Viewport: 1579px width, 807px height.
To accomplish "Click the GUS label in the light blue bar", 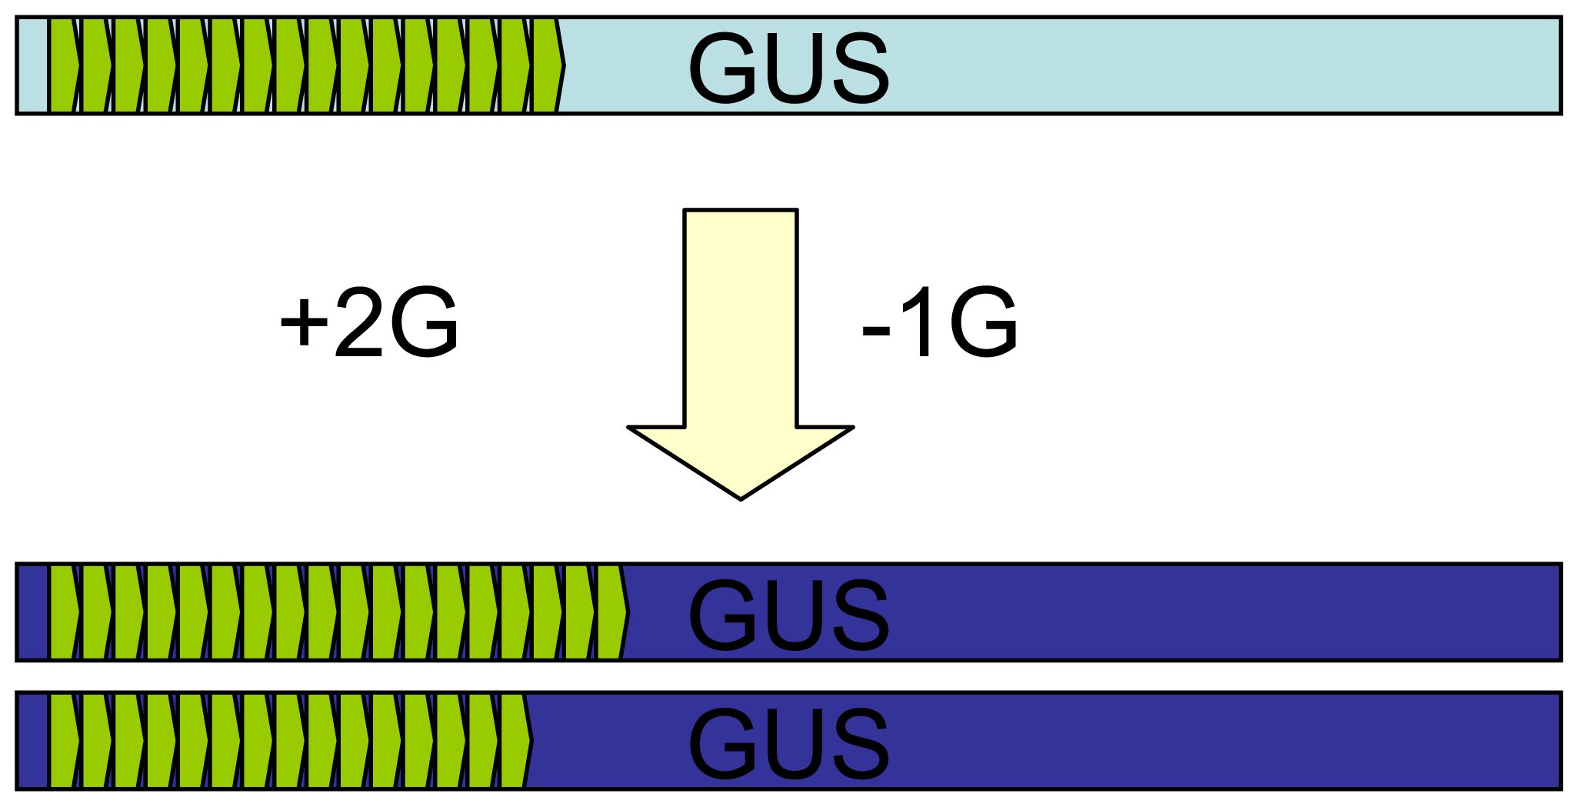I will click(788, 68).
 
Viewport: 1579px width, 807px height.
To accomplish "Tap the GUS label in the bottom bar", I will click(788, 742).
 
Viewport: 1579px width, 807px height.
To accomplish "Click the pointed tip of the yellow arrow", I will click(740, 497).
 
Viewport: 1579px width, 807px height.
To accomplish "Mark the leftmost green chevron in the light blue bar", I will click(64, 66).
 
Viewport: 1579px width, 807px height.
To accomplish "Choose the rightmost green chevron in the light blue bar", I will click(548, 66).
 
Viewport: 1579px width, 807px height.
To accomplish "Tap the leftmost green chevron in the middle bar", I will click(64, 613).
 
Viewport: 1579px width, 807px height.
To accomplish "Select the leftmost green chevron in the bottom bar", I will click(64, 742).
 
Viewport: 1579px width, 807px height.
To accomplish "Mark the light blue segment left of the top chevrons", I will click(32, 66).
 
